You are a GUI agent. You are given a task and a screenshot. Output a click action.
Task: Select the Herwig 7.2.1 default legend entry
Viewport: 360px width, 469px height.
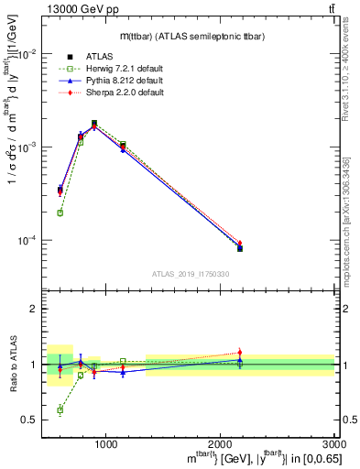pos(111,68)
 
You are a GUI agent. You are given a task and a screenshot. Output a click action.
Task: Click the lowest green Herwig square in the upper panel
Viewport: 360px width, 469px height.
pos(60,213)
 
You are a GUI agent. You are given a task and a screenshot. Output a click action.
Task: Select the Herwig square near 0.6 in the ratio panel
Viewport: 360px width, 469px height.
pos(60,410)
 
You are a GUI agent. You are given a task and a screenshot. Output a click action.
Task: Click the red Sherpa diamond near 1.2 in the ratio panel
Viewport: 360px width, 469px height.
pos(240,353)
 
